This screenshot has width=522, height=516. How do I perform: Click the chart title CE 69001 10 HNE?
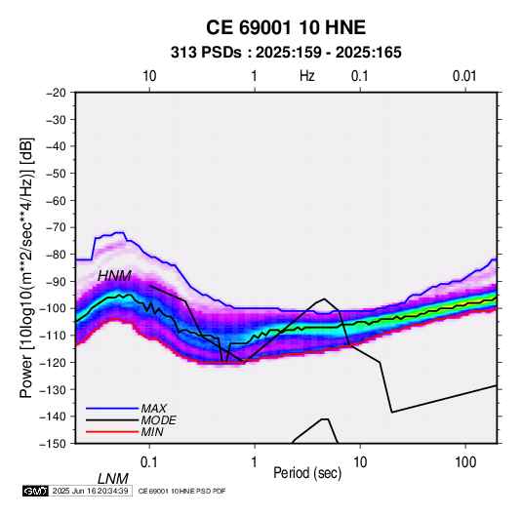pyautogui.click(x=286, y=27)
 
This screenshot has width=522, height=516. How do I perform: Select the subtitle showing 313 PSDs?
pyautogui.click(x=286, y=53)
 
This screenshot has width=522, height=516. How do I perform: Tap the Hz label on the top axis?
pyautogui.click(x=307, y=76)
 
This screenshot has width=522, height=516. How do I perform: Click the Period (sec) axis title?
pyautogui.click(x=307, y=473)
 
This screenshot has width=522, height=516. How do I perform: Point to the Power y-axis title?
pyautogui.click(x=26, y=268)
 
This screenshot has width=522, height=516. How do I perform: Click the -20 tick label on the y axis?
pyautogui.click(x=56, y=93)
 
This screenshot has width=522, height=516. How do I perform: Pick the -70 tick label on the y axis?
pyautogui.click(x=56, y=227)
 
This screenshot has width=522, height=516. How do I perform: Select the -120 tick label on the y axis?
pyautogui.click(x=54, y=362)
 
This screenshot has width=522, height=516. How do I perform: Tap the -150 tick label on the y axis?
pyautogui.click(x=54, y=444)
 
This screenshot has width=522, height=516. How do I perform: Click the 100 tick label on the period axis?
pyautogui.click(x=465, y=462)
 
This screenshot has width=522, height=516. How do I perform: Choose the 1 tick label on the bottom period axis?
pyautogui.click(x=255, y=462)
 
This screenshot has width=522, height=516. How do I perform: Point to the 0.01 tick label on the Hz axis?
pyautogui.click(x=464, y=76)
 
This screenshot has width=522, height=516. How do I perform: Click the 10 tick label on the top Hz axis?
pyautogui.click(x=149, y=76)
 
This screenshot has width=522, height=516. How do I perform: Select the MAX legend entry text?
pyautogui.click(x=154, y=408)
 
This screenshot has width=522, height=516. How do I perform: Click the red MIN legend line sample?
pyautogui.click(x=112, y=432)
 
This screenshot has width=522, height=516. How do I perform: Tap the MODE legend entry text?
pyautogui.click(x=158, y=420)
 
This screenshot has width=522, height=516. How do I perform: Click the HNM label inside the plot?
pyautogui.click(x=114, y=276)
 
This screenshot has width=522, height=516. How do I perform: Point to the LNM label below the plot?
pyautogui.click(x=113, y=479)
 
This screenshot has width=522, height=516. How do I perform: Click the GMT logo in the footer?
pyautogui.click(x=36, y=491)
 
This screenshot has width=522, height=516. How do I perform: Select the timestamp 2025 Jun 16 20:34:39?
pyautogui.click(x=91, y=491)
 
